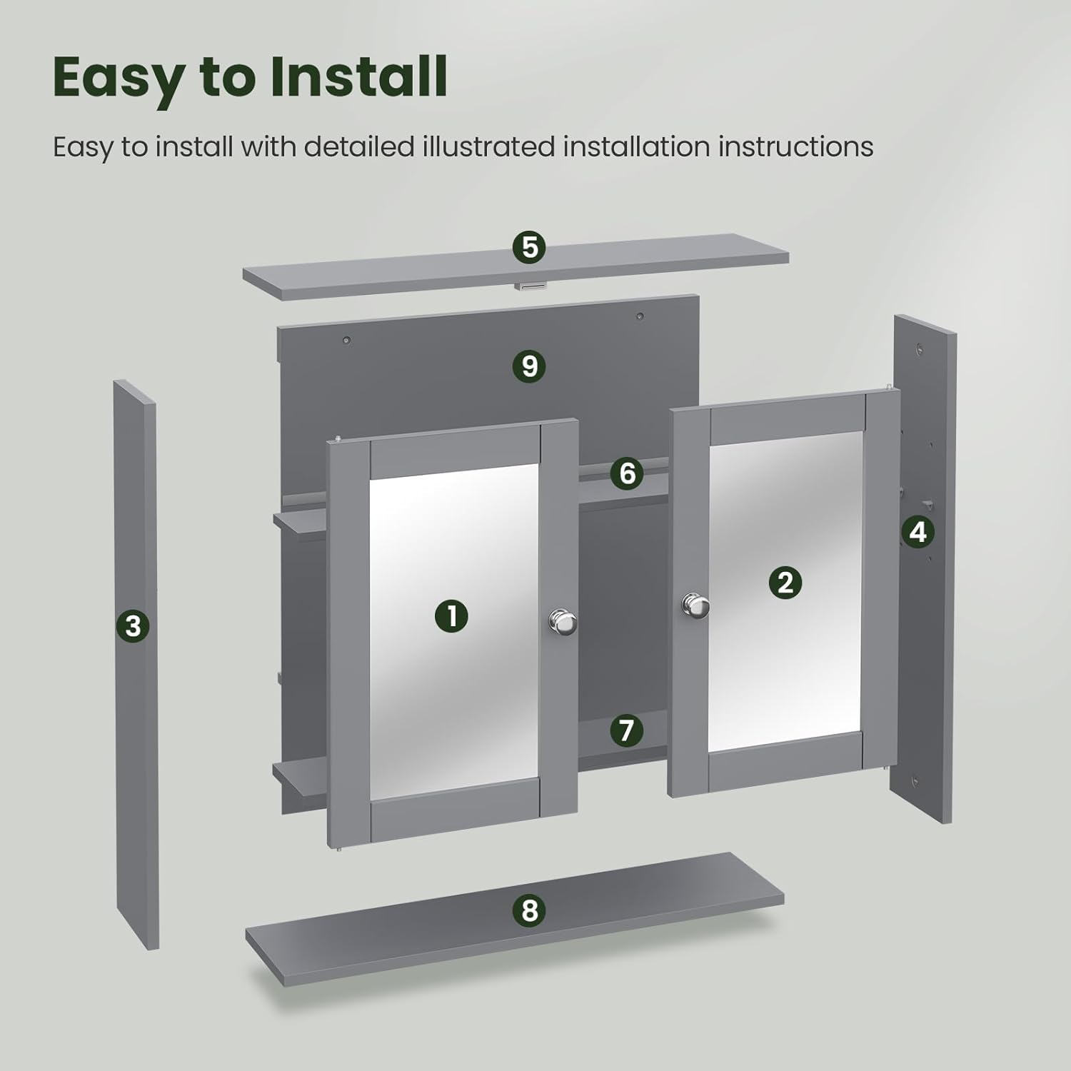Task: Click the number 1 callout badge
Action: click(x=451, y=615)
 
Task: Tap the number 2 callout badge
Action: click(x=785, y=583)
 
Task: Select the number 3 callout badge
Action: click(x=133, y=626)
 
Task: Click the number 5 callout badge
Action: click(x=529, y=247)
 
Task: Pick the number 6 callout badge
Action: click(x=627, y=473)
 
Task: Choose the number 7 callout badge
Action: click(x=626, y=730)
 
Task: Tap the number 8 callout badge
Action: click(x=529, y=910)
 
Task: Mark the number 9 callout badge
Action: click(x=529, y=366)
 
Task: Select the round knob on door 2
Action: click(x=694, y=605)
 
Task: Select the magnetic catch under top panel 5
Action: click(x=531, y=286)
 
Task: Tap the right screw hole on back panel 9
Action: click(x=640, y=316)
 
